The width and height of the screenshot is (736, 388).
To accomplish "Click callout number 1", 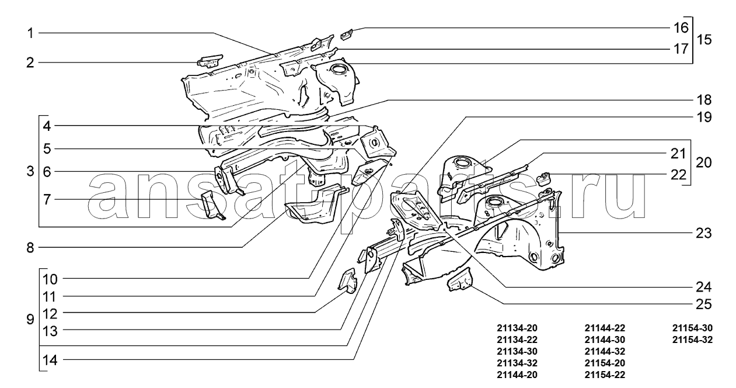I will pyautogui.click(x=29, y=33).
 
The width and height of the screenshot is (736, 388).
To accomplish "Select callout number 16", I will pyautogui.click(x=681, y=27).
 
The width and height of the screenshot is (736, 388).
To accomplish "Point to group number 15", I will pyautogui.click(x=704, y=40).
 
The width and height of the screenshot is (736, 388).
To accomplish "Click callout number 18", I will pyautogui.click(x=703, y=99).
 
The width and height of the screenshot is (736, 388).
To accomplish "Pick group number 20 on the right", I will pyautogui.click(x=704, y=162).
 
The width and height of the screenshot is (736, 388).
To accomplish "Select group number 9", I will pyautogui.click(x=30, y=320).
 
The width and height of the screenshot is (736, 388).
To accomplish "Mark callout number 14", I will pyautogui.click(x=50, y=360).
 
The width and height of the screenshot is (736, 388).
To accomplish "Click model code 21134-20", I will pyautogui.click(x=517, y=328).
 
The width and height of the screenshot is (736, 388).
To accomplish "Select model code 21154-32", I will pyautogui.click(x=692, y=340).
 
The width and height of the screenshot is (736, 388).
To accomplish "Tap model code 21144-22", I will pyautogui.click(x=605, y=328).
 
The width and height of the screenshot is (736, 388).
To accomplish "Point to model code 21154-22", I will pyautogui.click(x=605, y=375).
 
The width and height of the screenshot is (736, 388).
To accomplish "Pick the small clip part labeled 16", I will pyautogui.click(x=346, y=34).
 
